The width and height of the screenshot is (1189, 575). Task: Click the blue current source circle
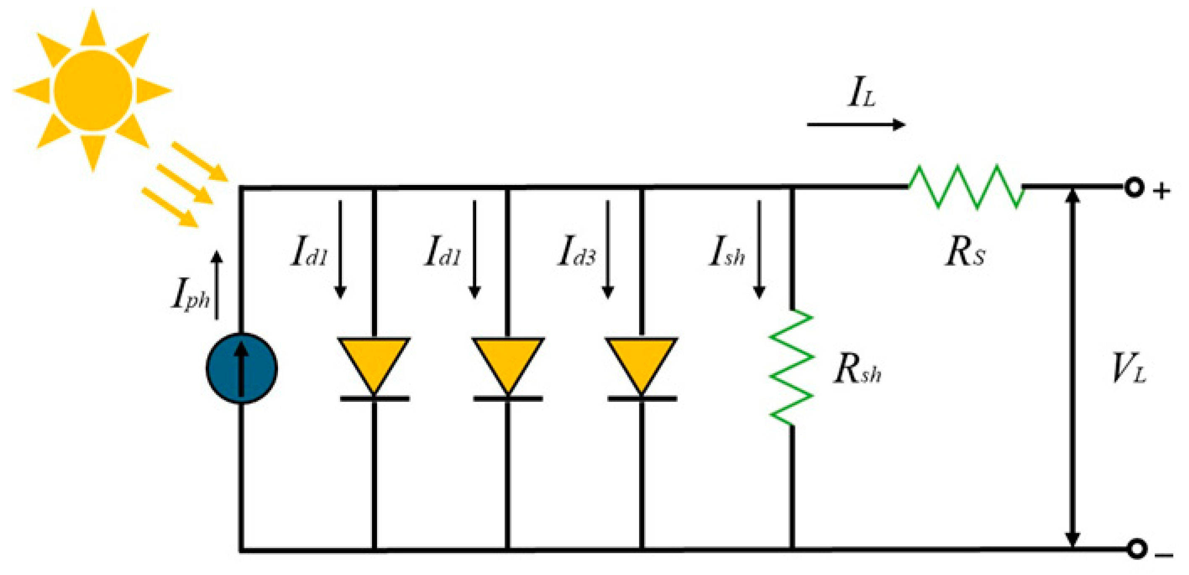[241, 368]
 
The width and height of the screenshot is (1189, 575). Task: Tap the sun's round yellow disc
[93, 90]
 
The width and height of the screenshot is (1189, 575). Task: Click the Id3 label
[576, 252]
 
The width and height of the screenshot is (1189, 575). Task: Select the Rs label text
[965, 252]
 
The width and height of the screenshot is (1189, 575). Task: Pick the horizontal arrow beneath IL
[856, 125]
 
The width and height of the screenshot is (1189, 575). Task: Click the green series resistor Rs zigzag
[966, 187]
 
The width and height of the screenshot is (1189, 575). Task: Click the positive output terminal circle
[1134, 187]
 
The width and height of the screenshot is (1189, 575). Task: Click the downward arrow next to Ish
[759, 249]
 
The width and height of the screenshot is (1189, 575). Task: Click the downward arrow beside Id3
[608, 249]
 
